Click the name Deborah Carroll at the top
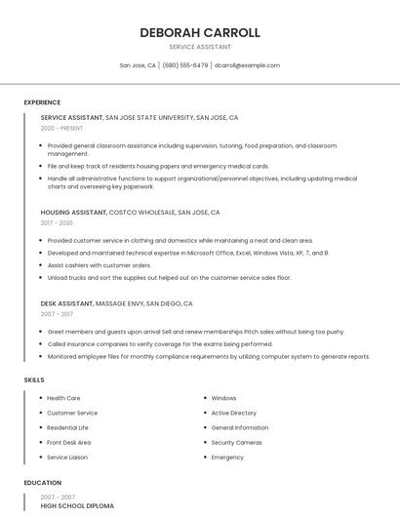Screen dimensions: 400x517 tap(200, 32)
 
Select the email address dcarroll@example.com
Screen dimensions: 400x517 tap(247, 65)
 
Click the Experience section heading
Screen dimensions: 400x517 tap(42, 102)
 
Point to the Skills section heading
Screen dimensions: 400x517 tap(34, 379)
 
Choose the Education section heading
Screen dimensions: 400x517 tap(43, 483)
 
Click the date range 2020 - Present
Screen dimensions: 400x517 tap(61, 128)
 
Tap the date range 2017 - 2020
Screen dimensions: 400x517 tap(57, 222)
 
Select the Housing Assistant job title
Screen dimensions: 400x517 tap(73, 212)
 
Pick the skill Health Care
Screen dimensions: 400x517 tap(63, 398)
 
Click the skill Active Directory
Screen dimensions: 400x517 tap(233, 413)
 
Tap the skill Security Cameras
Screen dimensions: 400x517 tap(236, 442)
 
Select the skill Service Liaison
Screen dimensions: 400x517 tap(67, 457)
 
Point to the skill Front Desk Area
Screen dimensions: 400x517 tap(68, 442)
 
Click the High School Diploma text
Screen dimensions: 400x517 tap(77, 506)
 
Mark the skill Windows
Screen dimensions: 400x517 tap(223, 398)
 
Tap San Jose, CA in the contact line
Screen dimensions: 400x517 tap(138, 65)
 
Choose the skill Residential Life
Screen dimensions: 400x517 tap(67, 427)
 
